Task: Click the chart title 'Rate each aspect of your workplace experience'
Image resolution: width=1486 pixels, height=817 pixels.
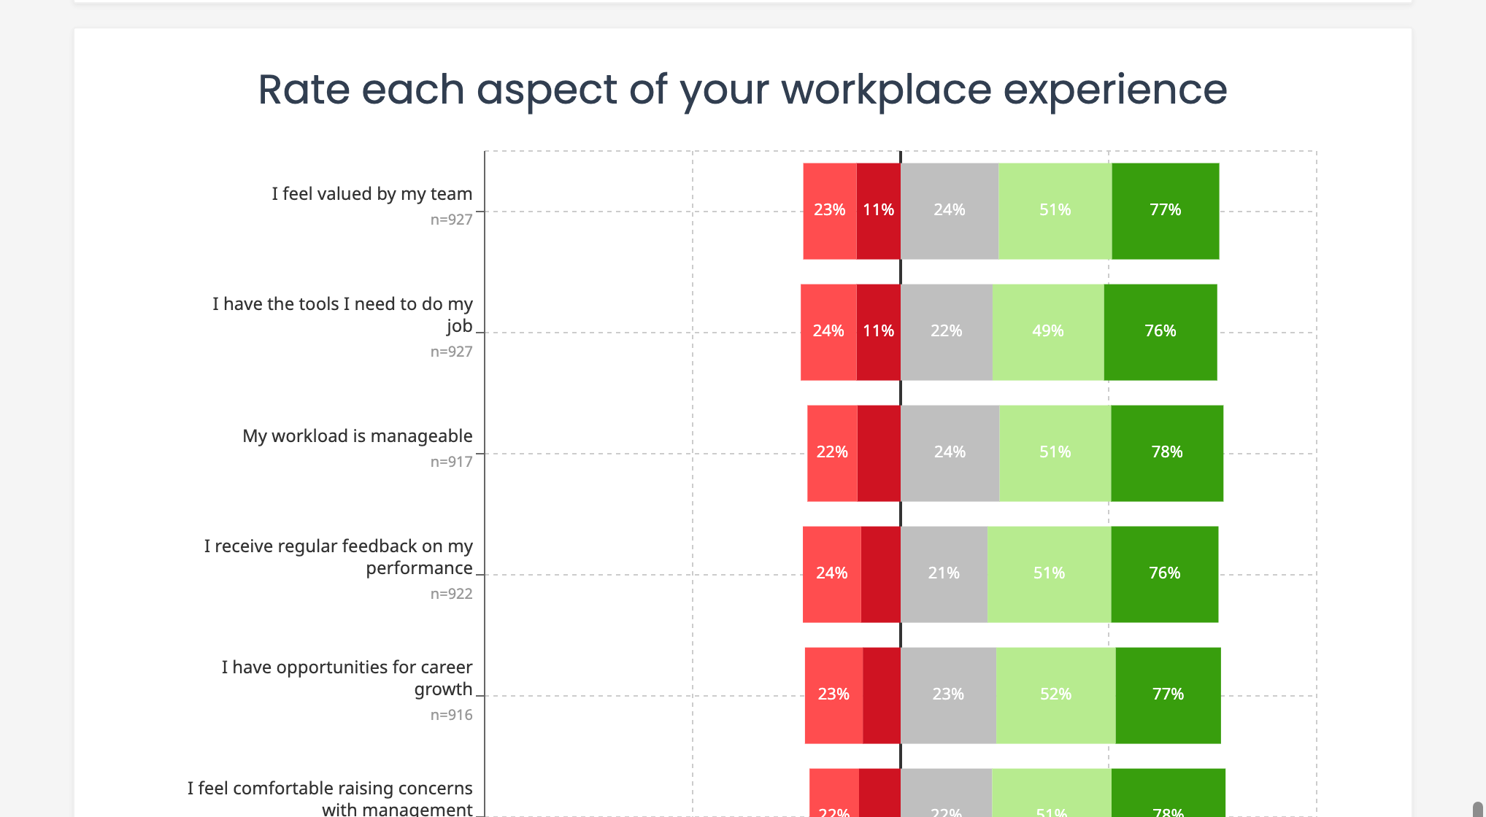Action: click(742, 90)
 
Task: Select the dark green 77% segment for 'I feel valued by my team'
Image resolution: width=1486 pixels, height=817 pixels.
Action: click(1165, 211)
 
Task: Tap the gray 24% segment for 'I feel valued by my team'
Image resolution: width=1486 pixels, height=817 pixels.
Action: click(949, 211)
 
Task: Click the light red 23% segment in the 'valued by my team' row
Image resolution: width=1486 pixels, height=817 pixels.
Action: click(829, 211)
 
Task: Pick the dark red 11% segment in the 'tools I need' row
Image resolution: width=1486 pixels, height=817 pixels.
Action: click(878, 332)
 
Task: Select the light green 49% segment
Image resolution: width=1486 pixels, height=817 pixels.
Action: click(1047, 332)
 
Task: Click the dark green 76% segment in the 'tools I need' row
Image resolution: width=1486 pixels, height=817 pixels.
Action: click(1160, 332)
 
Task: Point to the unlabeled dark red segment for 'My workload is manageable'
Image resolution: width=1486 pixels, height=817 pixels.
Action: click(879, 453)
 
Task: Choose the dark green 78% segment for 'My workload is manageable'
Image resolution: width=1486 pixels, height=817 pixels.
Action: click(1166, 453)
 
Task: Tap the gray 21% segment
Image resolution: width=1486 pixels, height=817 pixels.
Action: click(944, 574)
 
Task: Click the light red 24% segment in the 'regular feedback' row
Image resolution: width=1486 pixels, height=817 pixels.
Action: click(831, 574)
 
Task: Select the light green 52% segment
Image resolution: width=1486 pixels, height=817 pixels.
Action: click(1055, 695)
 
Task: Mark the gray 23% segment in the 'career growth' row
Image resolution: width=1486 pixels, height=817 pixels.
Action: click(948, 695)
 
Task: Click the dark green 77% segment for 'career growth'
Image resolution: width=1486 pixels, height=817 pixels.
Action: click(1168, 695)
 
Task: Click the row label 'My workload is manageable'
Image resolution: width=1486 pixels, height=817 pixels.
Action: click(357, 436)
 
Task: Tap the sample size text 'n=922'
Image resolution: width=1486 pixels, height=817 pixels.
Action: click(451, 594)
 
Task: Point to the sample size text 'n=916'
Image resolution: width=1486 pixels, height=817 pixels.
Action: click(451, 715)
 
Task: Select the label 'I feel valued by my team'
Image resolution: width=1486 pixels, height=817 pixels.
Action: click(371, 194)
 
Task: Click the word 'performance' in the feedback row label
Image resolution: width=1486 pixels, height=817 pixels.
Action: click(419, 568)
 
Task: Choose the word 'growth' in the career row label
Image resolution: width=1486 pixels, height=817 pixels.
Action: click(443, 689)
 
